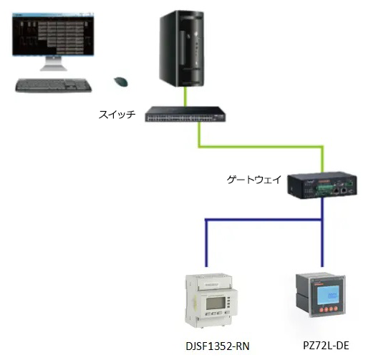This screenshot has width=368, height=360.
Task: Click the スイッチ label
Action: tap(117, 115)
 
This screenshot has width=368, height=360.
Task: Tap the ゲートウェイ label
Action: tap(254, 180)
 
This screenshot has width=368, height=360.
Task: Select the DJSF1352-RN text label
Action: tap(218, 346)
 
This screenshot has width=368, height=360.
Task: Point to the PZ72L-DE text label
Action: tap(326, 345)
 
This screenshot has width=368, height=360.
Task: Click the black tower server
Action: tap(182, 49)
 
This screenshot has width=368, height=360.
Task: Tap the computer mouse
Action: tap(121, 82)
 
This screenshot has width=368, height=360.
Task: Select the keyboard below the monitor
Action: tap(54, 85)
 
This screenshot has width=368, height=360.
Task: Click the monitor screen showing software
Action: tap(53, 34)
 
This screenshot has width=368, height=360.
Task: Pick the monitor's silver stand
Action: tap(54, 64)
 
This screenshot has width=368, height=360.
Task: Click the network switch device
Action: tap(185, 115)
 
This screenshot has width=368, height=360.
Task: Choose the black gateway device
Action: tap(322, 187)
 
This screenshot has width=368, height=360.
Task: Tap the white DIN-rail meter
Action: tap(211, 301)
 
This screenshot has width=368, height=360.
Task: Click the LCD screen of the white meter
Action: tap(216, 303)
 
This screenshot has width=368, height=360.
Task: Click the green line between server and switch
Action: tap(185, 97)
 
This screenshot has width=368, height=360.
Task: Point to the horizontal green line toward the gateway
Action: tap(261, 146)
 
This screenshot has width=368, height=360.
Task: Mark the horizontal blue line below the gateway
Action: tap(263, 220)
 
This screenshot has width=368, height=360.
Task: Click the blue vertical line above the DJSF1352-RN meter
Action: tap(206, 243)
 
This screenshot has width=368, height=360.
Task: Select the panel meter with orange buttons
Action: tap(321, 296)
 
